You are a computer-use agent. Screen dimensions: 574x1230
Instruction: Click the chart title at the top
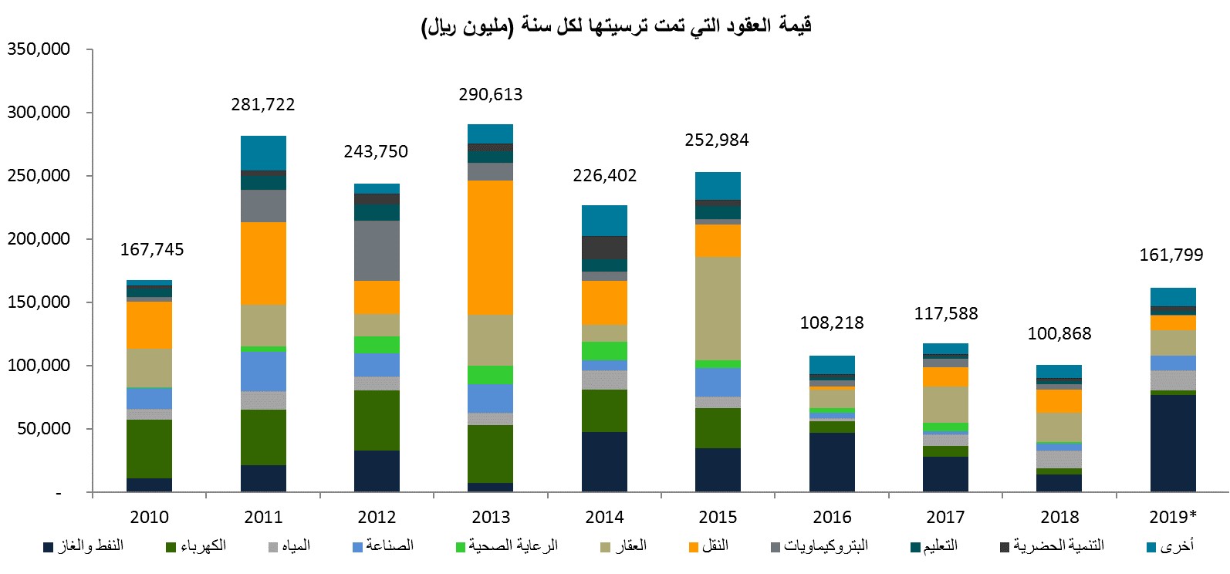click(x=616, y=26)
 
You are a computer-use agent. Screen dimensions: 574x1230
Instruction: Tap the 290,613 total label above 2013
click(x=490, y=95)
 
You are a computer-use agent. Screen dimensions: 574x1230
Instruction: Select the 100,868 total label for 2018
click(x=1059, y=334)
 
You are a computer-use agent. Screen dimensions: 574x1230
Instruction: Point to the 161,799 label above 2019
click(x=1171, y=255)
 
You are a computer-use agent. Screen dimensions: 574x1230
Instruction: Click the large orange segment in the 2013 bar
click(x=490, y=247)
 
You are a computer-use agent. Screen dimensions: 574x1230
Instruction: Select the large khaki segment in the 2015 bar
click(x=718, y=308)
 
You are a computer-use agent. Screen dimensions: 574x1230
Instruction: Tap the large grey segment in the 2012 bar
click(x=377, y=251)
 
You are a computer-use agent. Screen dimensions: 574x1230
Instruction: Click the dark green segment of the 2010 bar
click(x=149, y=449)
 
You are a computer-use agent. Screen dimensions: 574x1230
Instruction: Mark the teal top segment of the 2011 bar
click(x=263, y=153)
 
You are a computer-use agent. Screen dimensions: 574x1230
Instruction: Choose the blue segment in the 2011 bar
click(x=263, y=371)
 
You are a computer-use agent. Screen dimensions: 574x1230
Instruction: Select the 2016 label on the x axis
click(x=831, y=517)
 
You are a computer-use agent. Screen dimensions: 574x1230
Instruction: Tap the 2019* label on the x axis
click(x=1172, y=517)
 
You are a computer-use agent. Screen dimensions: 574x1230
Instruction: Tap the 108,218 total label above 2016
click(x=831, y=323)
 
